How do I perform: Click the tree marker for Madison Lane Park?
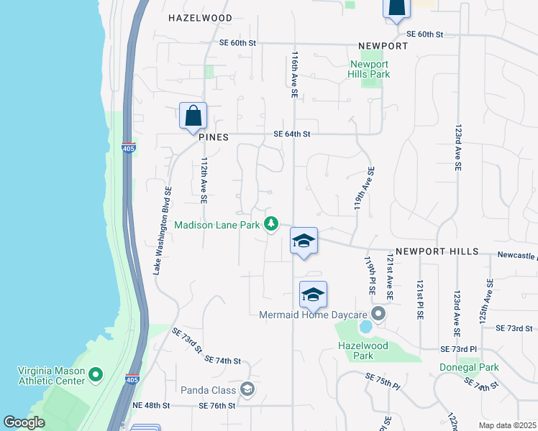coord(271,225)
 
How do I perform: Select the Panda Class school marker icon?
coord(247,389)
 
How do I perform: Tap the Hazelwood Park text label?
coord(364,351)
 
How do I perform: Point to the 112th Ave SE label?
coord(204,179)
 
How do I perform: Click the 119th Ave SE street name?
coord(364,189)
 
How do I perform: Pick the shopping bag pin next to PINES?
coord(193,116)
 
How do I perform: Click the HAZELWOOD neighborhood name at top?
coord(200,18)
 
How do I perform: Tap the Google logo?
coord(24,422)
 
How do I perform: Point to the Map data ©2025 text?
coord(507,425)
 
